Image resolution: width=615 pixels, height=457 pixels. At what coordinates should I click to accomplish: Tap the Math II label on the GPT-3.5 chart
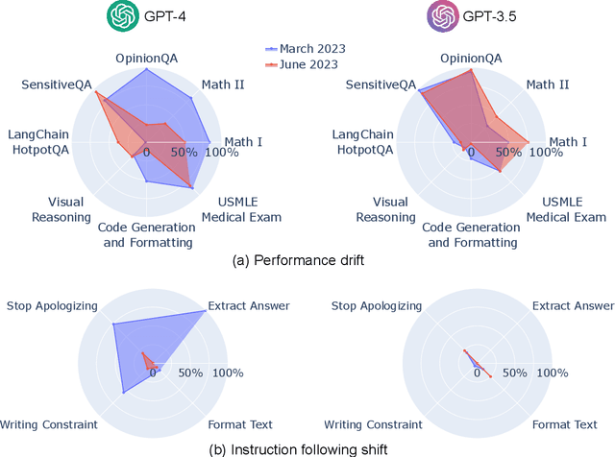pos(547,84)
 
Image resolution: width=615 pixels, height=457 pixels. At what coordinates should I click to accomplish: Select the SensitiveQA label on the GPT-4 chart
pos(56,84)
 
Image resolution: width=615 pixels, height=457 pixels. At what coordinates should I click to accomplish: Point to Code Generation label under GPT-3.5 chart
pos(472,234)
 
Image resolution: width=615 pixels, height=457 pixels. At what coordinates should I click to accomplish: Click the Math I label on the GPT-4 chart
pos(243,142)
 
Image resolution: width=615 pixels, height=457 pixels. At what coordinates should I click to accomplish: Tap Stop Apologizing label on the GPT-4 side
pos(52,306)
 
